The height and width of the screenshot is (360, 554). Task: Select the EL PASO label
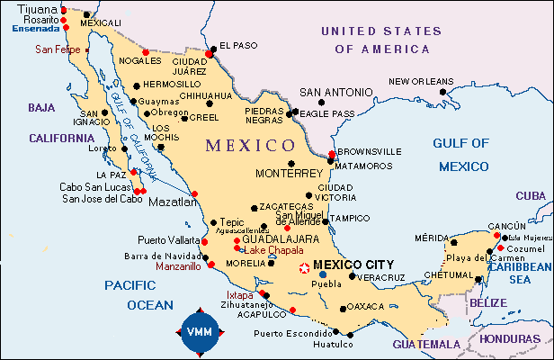click(x=238, y=45)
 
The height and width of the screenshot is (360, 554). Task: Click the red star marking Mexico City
click(x=305, y=266)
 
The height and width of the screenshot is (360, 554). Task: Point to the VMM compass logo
click(x=200, y=332)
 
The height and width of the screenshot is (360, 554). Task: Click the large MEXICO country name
click(x=249, y=144)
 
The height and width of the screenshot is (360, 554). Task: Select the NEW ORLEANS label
click(x=421, y=81)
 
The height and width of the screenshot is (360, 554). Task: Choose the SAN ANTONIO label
click(x=335, y=92)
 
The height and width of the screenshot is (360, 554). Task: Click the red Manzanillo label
click(x=177, y=267)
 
